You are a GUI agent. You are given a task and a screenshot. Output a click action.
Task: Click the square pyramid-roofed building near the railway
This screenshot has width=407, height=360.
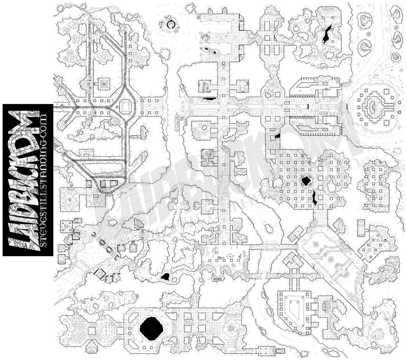click(x=104, y=84)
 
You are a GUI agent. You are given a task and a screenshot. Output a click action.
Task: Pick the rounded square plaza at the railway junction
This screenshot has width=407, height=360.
click(x=126, y=107)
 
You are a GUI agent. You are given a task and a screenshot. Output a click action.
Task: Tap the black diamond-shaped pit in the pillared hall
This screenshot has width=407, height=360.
click(x=306, y=181)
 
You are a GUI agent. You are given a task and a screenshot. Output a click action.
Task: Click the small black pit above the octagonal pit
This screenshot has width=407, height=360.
click(x=165, y=276)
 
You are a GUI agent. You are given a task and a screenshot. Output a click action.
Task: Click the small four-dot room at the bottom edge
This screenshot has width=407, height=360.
click(x=264, y=350)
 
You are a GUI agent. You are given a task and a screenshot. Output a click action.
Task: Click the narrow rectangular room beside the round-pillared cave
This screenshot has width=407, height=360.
click(x=361, y=226)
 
